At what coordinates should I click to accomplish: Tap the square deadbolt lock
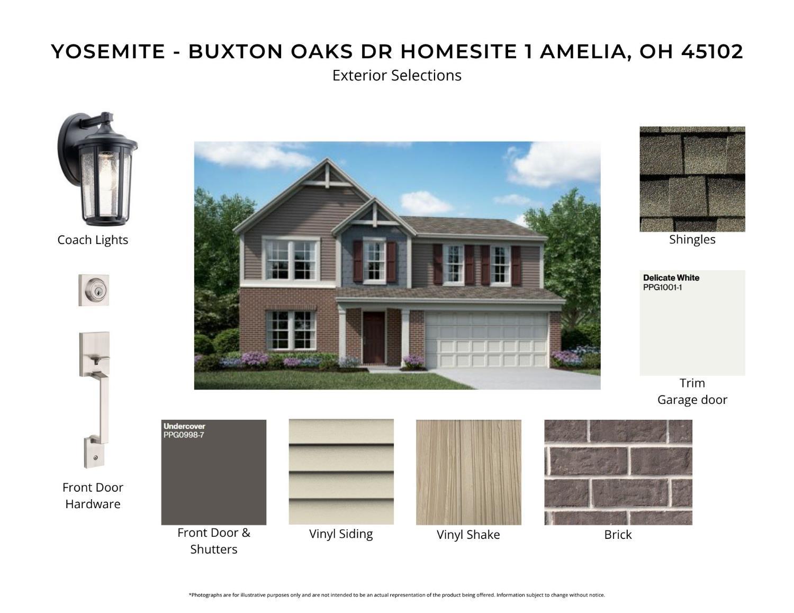pyautogui.click(x=94, y=290)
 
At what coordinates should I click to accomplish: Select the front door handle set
pyautogui.click(x=95, y=400)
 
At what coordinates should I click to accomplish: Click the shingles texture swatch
pyautogui.click(x=692, y=179)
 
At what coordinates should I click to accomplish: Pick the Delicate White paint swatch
pyautogui.click(x=692, y=328)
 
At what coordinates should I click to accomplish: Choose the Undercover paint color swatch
pyautogui.click(x=213, y=476)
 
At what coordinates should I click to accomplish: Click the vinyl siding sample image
pyautogui.click(x=341, y=472)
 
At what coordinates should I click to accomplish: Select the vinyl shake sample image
pyautogui.click(x=468, y=472)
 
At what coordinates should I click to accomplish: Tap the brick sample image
pyautogui.click(x=618, y=472)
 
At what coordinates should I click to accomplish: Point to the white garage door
pyautogui.click(x=486, y=339)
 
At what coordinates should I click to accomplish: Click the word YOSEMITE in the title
pyautogui.click(x=108, y=51)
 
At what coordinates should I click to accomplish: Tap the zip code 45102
pyautogui.click(x=712, y=51)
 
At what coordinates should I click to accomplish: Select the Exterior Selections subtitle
pyautogui.click(x=396, y=75)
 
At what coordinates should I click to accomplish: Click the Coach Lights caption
pyautogui.click(x=93, y=240)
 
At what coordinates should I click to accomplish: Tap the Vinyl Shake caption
pyautogui.click(x=468, y=535)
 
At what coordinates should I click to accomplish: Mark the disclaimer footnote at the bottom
pyautogui.click(x=396, y=595)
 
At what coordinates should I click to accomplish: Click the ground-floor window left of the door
pyautogui.click(x=291, y=330)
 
